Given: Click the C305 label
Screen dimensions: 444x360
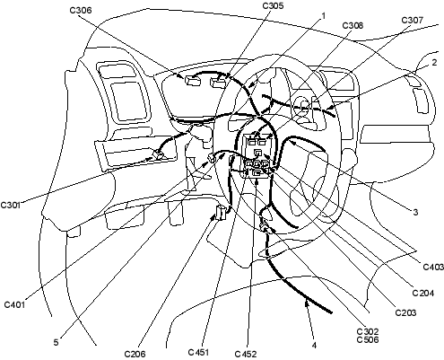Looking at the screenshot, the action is click(x=273, y=5).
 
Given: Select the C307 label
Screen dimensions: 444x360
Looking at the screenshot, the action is click(x=412, y=20).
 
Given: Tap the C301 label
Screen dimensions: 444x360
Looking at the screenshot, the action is click(x=10, y=206).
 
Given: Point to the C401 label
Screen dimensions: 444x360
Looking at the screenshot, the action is click(x=14, y=304).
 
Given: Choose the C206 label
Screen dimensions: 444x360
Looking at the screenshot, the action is click(x=135, y=354).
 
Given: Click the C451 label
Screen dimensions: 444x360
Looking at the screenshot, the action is click(x=198, y=352).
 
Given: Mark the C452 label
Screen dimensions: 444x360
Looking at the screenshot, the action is click(x=246, y=354).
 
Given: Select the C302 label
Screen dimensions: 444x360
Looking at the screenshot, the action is click(x=368, y=331).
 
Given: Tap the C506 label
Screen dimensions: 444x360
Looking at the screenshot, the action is click(x=368, y=339).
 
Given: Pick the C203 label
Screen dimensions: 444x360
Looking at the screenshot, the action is click(x=405, y=312).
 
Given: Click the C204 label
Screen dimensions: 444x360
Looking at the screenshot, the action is click(x=423, y=293).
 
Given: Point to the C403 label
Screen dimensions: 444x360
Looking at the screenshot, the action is click(x=433, y=267).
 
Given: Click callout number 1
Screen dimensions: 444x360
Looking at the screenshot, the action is click(x=323, y=15).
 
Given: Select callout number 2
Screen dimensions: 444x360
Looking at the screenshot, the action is click(x=434, y=62).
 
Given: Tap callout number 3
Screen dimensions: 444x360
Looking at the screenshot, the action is click(x=415, y=212).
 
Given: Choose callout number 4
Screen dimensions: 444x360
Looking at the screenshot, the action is click(x=314, y=346).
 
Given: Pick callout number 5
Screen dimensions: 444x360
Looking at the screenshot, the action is click(x=56, y=342).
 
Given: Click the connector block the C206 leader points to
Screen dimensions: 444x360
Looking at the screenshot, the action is click(x=221, y=213).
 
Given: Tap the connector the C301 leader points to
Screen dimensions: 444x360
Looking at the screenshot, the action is click(x=159, y=154).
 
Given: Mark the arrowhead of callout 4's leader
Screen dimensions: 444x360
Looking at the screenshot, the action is click(x=306, y=304).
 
